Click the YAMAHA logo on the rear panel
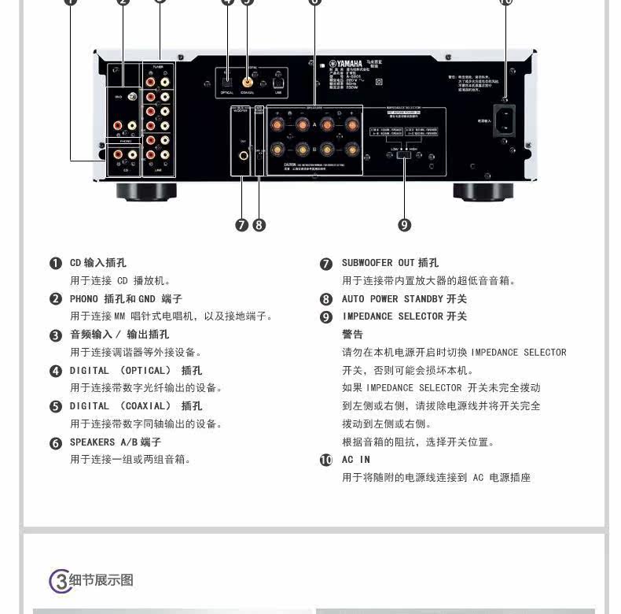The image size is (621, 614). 347,64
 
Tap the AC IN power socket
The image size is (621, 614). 504,120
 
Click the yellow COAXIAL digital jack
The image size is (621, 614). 248,80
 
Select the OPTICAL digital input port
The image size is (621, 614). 226,80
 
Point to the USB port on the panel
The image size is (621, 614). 277,80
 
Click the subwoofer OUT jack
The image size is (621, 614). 242,155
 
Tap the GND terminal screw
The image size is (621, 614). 131,96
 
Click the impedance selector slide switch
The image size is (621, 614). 405,153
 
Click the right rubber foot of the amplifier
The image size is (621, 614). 483,191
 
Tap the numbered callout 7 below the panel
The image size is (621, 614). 241,225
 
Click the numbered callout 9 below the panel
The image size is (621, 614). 405,225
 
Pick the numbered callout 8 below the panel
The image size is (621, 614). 259,225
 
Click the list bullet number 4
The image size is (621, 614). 56,371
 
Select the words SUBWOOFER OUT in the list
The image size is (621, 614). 377,263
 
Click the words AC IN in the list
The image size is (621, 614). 355,460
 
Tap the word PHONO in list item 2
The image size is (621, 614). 84,299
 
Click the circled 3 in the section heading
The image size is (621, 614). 60,581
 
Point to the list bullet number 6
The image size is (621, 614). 56,443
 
